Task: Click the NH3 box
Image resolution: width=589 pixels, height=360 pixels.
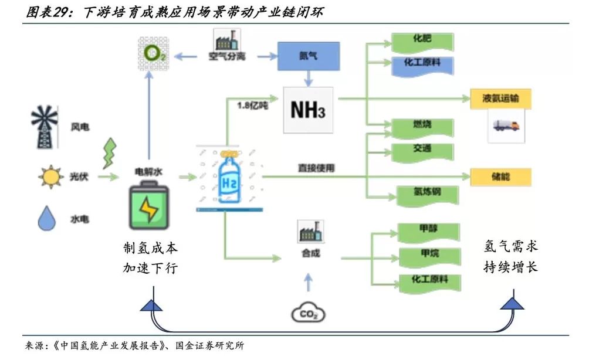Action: point(309,110)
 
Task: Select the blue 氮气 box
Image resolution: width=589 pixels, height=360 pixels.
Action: point(309,57)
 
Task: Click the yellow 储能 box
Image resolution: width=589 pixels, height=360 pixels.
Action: point(500,176)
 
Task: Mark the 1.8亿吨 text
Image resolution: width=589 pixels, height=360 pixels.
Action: point(253,106)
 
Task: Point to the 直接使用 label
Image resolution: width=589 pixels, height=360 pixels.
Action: point(316,168)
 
